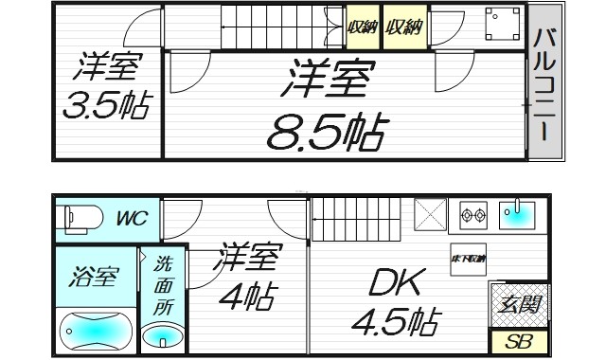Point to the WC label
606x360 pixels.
(132, 219)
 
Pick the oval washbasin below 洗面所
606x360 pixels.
(165, 336)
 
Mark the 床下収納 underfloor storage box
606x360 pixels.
(468, 259)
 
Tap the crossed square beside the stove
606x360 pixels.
(431, 216)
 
